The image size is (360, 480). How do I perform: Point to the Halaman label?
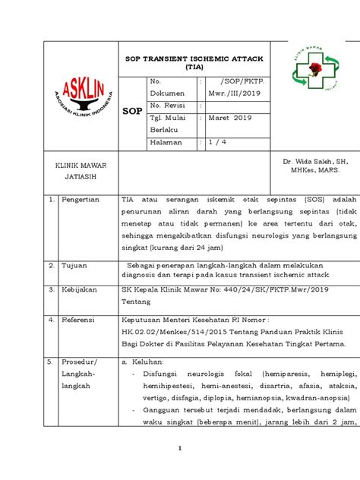click(x=169, y=142)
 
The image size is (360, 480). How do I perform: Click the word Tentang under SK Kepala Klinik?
click(x=137, y=301)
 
